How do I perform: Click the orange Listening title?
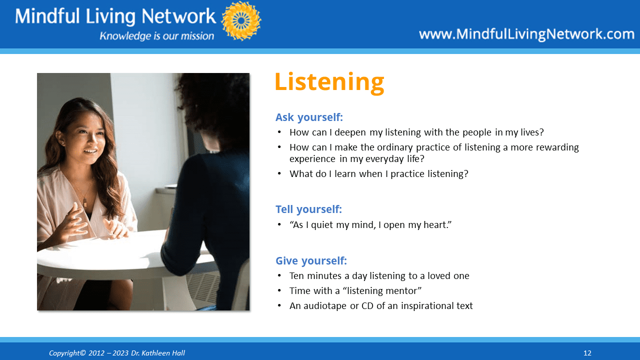pyautogui.click(x=329, y=82)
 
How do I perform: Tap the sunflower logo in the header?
pyautogui.click(x=241, y=20)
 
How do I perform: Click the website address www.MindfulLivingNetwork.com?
pyautogui.click(x=527, y=34)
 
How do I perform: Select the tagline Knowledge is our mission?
pyautogui.click(x=156, y=36)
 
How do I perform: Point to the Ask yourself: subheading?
pyautogui.click(x=309, y=117)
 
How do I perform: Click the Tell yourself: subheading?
pyautogui.click(x=308, y=209)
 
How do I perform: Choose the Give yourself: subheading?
pyautogui.click(x=311, y=261)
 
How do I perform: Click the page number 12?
pyautogui.click(x=587, y=353)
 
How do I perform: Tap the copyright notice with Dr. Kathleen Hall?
pyautogui.click(x=117, y=353)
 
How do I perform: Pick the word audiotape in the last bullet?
pyautogui.click(x=325, y=306)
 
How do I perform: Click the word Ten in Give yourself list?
pyautogui.click(x=296, y=275)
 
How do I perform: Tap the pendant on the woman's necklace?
pyautogui.click(x=85, y=202)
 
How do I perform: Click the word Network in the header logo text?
pyautogui.click(x=179, y=16)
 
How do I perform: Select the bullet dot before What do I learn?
pyautogui.click(x=279, y=173)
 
